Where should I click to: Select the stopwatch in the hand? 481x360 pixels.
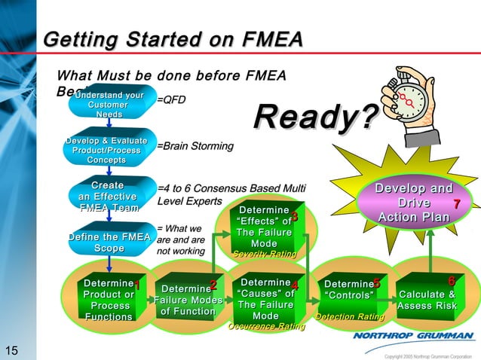[x=412, y=101]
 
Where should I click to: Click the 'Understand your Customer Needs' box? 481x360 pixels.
[x=109, y=105]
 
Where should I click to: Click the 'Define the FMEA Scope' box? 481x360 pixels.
[x=109, y=243]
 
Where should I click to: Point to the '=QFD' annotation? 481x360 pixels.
[x=171, y=99]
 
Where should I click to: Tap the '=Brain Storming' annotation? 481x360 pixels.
[x=195, y=146]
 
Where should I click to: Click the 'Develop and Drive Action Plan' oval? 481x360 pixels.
[x=415, y=203]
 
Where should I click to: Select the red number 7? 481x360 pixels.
[x=456, y=205]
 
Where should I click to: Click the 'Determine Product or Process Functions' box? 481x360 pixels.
[x=109, y=300]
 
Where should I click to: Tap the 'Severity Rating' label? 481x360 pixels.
[x=264, y=255]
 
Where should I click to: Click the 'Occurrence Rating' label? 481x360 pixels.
[x=266, y=327]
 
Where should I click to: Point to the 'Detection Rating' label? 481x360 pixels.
[x=345, y=317]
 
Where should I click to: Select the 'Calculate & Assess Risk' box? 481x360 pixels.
[x=426, y=300]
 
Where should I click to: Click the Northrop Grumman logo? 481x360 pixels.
[x=413, y=336]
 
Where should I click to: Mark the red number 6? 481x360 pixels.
[x=451, y=281]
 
